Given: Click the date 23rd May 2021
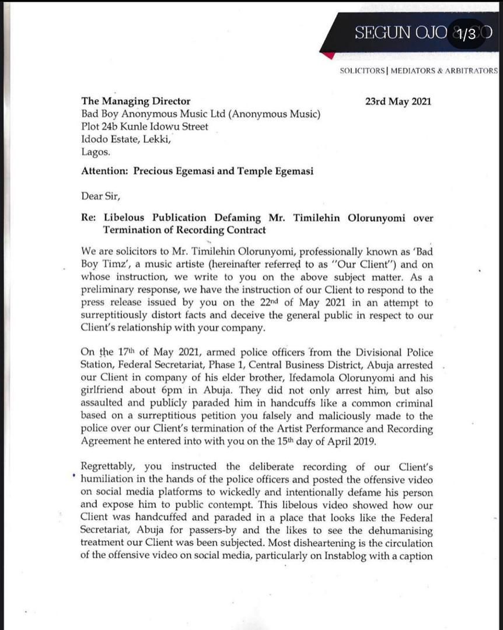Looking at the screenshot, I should point(398,101).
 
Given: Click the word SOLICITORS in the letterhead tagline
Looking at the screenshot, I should point(362,71).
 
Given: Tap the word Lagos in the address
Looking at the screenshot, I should point(95,152).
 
